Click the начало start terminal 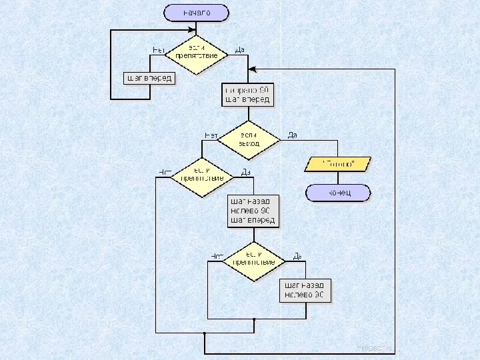pyautogui.click(x=197, y=13)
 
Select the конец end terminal pyautogui.click(x=338, y=193)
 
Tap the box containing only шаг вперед pyautogui.click(x=149, y=78)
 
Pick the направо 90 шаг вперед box pyautogui.click(x=248, y=95)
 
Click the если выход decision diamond pyautogui.click(x=249, y=140)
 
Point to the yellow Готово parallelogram pyautogui.click(x=338, y=163)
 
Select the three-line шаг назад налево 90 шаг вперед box pyautogui.click(x=253, y=210)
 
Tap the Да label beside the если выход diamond pyautogui.click(x=292, y=135)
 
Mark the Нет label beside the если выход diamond pyautogui.click(x=211, y=135)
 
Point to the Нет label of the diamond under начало pyautogui.click(x=159, y=50)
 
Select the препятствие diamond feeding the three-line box pyautogui.click(x=202, y=177)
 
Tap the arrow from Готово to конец pyautogui.click(x=338, y=177)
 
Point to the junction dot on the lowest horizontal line pyautogui.click(x=205, y=333)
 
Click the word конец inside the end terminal pyautogui.click(x=338, y=193)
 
